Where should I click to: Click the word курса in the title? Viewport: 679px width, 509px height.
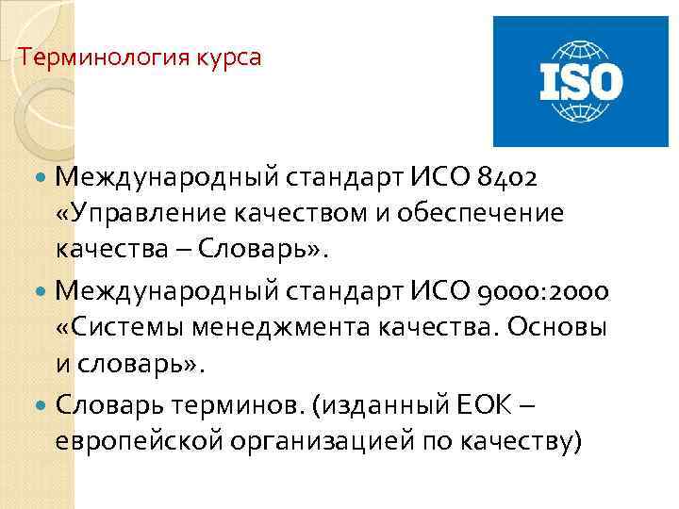click(229, 57)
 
